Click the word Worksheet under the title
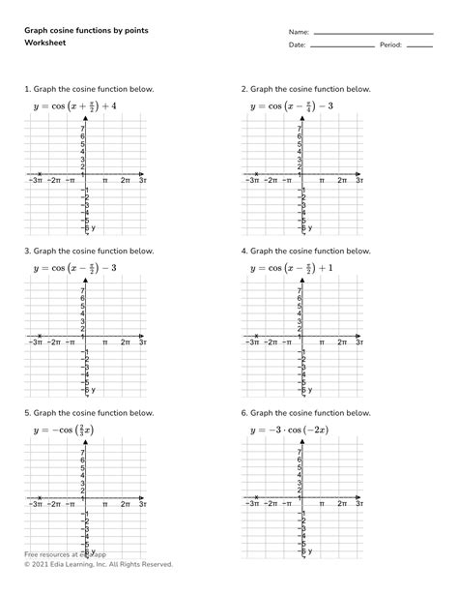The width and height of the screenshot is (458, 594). (45, 45)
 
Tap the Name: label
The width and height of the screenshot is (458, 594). (298, 32)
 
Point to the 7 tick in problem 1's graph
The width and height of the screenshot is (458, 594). (83, 129)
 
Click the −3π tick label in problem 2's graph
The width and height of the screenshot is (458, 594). (251, 180)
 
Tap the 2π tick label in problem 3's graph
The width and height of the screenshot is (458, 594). (126, 342)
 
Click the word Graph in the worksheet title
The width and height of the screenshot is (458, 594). (38, 31)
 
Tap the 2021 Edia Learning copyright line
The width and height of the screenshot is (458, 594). (99, 564)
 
